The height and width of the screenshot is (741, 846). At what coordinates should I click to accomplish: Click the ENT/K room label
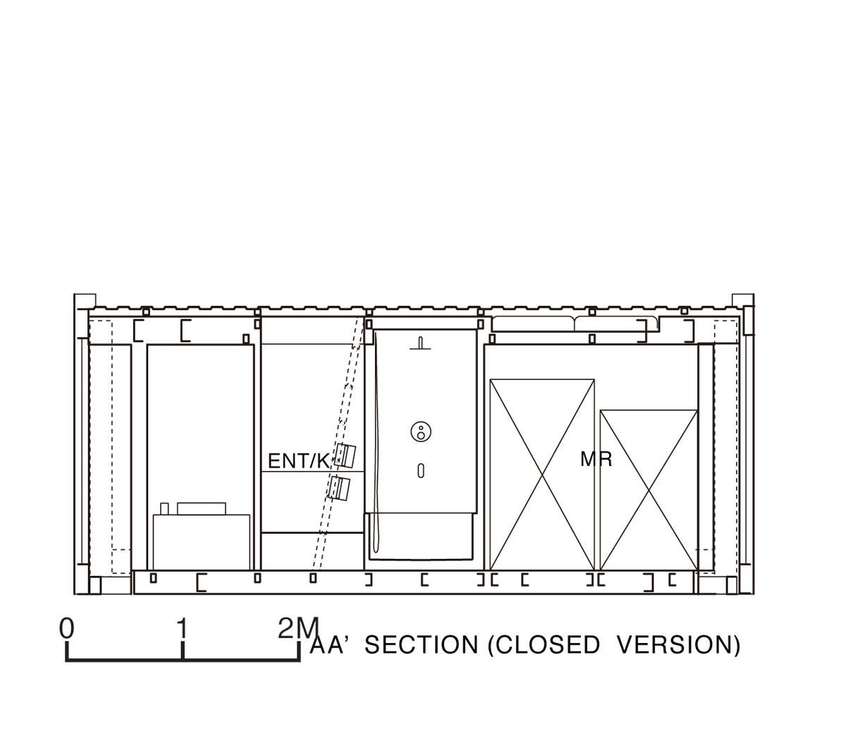299,461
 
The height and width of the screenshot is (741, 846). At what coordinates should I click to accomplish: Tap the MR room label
596,459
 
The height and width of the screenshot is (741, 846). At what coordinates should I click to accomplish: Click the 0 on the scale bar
66,628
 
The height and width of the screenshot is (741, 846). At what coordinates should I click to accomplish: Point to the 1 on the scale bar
183,628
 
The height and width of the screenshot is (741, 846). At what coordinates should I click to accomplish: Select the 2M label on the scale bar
298,628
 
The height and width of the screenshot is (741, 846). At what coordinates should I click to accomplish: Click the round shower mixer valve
421,431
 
